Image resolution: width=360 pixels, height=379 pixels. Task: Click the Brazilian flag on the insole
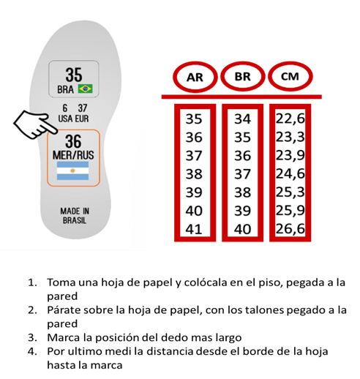click(x=85, y=89)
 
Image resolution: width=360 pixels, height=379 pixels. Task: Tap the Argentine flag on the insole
click(x=72, y=170)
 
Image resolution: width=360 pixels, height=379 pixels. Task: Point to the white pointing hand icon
click(x=35, y=125)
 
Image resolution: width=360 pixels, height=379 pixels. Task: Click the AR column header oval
click(x=195, y=77)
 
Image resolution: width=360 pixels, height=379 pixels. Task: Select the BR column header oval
click(x=242, y=77)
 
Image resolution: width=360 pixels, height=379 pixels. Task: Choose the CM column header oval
click(x=290, y=76)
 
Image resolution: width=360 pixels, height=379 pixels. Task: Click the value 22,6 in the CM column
click(x=290, y=119)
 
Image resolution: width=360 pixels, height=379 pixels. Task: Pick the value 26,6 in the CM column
click(x=290, y=229)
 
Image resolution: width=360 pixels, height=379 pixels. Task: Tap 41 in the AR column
click(x=194, y=229)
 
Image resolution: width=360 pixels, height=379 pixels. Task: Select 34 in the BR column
click(x=242, y=119)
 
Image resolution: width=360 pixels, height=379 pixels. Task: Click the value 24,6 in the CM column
click(x=290, y=173)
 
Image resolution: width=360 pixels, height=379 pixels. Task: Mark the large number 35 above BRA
click(x=74, y=75)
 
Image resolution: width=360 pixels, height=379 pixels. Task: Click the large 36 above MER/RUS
click(x=73, y=141)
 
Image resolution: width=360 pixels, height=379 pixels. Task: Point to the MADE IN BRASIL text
click(x=75, y=216)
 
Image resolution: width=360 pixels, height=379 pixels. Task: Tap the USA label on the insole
click(x=65, y=119)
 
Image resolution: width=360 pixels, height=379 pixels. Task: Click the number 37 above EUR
click(x=83, y=108)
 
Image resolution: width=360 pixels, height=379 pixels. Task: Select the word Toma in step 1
click(x=61, y=282)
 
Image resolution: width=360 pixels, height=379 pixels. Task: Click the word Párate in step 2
click(x=64, y=310)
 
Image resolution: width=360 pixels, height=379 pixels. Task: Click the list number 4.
click(x=32, y=351)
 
